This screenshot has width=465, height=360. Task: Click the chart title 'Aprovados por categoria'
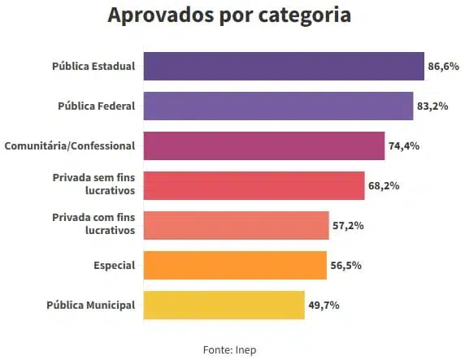point(229,15)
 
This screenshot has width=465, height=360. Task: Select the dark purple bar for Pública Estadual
point(284,66)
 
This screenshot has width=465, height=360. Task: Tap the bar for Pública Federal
point(279,106)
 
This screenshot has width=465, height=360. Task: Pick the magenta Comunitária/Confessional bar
point(264,146)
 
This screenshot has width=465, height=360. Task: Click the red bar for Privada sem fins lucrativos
point(254,185)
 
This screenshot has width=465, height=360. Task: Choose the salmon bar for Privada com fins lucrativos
point(237,225)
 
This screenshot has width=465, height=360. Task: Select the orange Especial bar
point(235,265)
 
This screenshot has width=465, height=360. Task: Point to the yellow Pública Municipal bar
point(224,305)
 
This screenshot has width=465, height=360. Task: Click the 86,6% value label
point(443,66)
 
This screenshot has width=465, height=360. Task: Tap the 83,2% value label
point(432,106)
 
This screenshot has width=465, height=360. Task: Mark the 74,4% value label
point(404,146)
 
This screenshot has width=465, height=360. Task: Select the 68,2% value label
point(384,186)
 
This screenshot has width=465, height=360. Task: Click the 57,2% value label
point(348,226)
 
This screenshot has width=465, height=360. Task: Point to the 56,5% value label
point(346,266)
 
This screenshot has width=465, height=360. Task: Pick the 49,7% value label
point(324,305)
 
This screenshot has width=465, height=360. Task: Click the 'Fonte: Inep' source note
point(229,350)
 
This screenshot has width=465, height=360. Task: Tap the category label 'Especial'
point(115,266)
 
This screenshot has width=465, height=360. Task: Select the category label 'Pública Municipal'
point(91,305)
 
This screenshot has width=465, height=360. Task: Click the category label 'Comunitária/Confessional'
point(70,146)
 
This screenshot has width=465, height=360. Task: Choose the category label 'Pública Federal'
point(97,106)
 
